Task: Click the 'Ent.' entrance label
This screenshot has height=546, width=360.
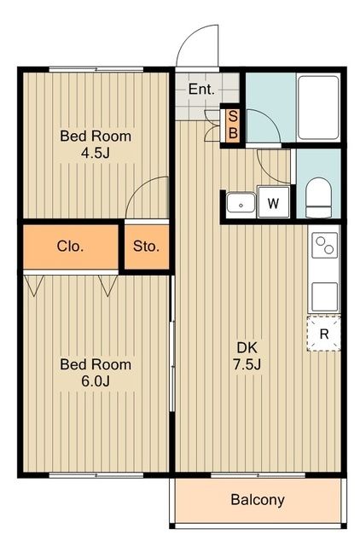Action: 201,90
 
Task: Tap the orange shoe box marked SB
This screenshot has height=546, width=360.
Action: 233,125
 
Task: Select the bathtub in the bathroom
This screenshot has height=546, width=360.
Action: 318,107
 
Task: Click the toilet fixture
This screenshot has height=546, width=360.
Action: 318,197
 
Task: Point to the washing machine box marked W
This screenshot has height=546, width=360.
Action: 273,202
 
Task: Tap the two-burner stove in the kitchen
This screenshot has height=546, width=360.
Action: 324,245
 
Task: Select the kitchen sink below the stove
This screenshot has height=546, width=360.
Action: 324,297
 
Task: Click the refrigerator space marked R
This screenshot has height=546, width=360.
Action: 324,334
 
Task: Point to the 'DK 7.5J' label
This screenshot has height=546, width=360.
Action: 247,356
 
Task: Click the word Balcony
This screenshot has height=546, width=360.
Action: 258,500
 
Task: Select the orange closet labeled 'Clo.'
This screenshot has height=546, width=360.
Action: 71,247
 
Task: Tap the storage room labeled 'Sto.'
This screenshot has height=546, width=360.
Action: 147,247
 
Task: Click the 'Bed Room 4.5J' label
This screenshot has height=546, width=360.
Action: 96,144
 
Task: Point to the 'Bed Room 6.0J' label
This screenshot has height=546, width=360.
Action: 96,373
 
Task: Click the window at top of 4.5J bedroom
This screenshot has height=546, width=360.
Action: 96,70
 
